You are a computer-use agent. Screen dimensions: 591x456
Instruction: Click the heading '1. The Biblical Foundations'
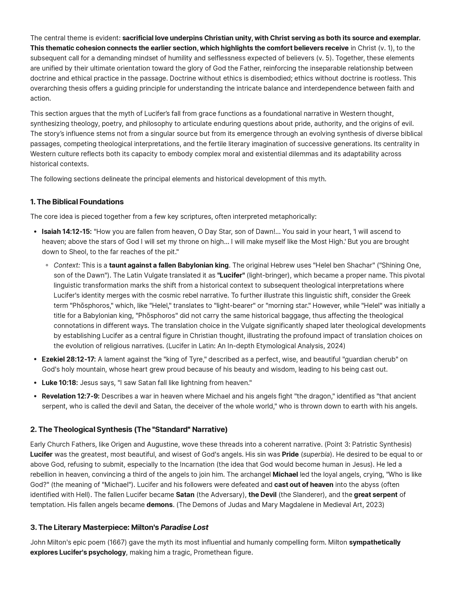(x=77, y=202)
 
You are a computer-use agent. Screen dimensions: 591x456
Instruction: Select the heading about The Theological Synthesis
(x=129, y=429)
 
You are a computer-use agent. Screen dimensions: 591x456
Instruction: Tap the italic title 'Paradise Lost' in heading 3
(x=184, y=527)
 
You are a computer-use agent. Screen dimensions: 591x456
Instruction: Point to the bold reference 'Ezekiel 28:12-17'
(x=69, y=359)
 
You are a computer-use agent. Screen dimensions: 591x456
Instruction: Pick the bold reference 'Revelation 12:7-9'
(x=70, y=396)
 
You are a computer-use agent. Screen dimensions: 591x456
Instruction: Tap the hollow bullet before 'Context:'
(x=47, y=265)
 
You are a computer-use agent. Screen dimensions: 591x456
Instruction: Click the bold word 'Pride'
(x=290, y=454)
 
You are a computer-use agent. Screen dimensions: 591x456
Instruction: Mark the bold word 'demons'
(x=160, y=505)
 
